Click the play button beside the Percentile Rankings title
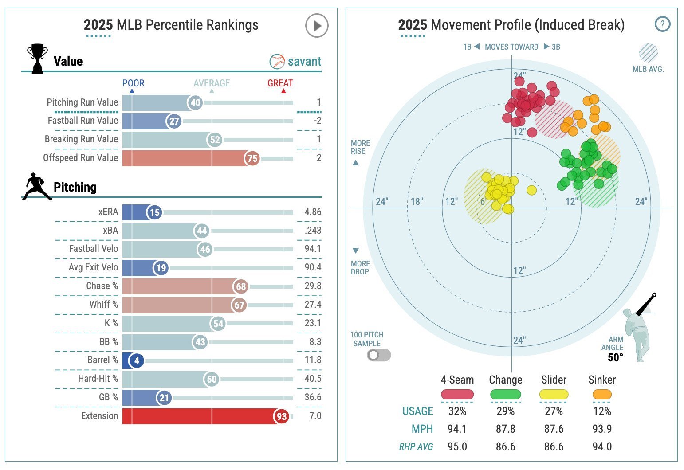click(x=317, y=26)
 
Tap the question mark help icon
click(x=662, y=24)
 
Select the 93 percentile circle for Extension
click(x=282, y=416)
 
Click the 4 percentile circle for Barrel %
click(x=137, y=360)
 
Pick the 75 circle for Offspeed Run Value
click(x=252, y=158)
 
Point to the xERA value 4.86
click(x=313, y=212)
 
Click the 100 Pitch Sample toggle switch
click(x=379, y=355)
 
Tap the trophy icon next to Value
click(x=37, y=59)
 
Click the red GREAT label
click(x=280, y=83)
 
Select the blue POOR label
click(x=133, y=83)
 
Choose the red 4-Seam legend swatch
click(x=457, y=394)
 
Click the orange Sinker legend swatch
click(x=602, y=394)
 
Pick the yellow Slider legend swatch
click(x=554, y=394)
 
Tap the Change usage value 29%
click(x=505, y=411)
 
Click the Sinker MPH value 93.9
click(x=602, y=429)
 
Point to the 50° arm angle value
click(x=615, y=357)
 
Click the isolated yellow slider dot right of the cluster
click(x=531, y=190)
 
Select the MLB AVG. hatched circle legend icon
click(x=648, y=53)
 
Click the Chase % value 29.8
click(x=313, y=286)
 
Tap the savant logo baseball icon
click(x=277, y=62)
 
